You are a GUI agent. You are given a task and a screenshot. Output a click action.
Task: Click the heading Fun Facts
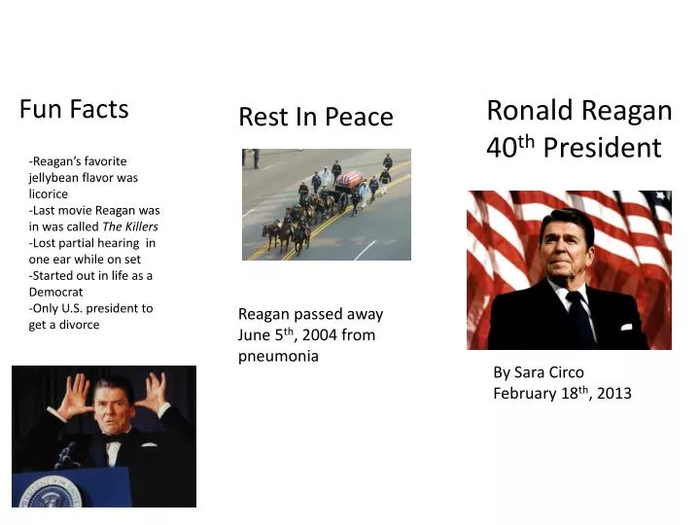74,109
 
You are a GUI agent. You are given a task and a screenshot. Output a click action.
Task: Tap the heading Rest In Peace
315,118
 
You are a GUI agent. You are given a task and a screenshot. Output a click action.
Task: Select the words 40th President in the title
574,148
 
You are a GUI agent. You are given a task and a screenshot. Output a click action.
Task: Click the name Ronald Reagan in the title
578,111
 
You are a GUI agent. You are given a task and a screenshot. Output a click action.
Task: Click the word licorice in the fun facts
48,193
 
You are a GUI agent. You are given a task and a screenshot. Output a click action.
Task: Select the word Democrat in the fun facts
55,292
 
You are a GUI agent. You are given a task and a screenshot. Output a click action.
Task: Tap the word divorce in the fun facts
77,325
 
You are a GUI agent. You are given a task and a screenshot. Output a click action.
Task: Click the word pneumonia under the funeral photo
278,356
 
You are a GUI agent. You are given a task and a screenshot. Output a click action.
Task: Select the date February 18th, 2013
562,393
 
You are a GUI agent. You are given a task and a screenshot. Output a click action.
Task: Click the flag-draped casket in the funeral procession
349,179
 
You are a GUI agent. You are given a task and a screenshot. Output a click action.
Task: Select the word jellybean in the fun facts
57,178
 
